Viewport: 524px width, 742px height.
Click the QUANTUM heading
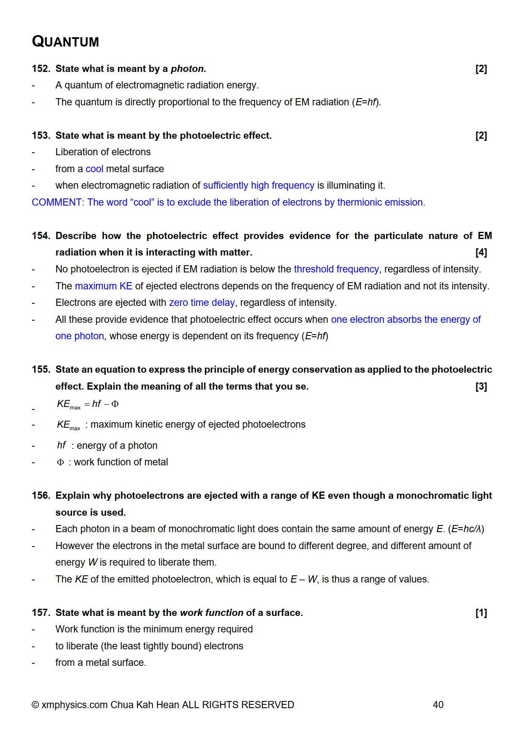pyautogui.click(x=65, y=41)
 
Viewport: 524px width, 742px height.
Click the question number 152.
pyautogui.click(x=41, y=69)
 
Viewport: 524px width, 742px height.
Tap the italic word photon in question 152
pyautogui.click(x=187, y=69)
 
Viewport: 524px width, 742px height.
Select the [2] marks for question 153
pyautogui.click(x=481, y=136)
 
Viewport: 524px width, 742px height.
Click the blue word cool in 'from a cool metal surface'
pyautogui.click(x=94, y=169)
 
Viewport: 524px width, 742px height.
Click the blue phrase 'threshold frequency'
pyautogui.click(x=336, y=269)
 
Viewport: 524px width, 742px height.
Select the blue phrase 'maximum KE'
pyautogui.click(x=104, y=286)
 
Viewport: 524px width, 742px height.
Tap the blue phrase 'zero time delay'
pyautogui.click(x=202, y=302)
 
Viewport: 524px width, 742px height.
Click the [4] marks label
pyautogui.click(x=481, y=253)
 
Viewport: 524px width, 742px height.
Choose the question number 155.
pyautogui.click(x=41, y=369)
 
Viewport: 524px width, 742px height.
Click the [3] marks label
pyautogui.click(x=481, y=386)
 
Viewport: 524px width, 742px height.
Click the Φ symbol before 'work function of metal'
pyautogui.click(x=60, y=462)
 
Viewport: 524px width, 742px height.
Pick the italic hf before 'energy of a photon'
pyautogui.click(x=61, y=445)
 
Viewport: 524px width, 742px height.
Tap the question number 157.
pyautogui.click(x=41, y=613)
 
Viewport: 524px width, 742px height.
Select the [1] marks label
pyautogui.click(x=481, y=613)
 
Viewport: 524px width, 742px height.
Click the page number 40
pyautogui.click(x=438, y=705)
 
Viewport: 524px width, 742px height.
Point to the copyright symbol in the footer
pyautogui.click(x=35, y=705)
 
